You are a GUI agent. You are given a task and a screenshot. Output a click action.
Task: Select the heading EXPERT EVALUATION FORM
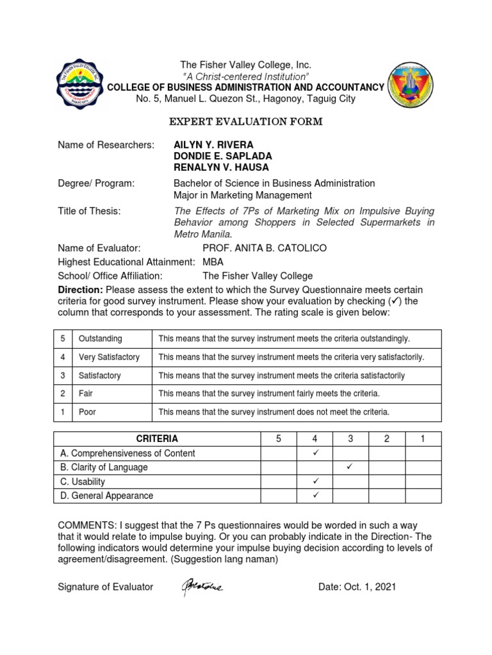click(245, 122)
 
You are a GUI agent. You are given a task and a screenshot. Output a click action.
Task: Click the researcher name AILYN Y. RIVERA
click(213, 145)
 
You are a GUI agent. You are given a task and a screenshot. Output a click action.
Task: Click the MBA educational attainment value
click(213, 262)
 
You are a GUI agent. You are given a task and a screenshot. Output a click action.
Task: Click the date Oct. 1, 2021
click(357, 587)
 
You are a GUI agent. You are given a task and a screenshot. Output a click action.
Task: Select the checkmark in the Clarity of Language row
click(350, 467)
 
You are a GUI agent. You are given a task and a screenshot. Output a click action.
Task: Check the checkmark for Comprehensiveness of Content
click(315, 453)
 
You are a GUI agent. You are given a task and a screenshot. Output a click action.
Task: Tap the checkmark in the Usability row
click(315, 481)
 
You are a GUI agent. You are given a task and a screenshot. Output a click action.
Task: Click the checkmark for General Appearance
click(315, 495)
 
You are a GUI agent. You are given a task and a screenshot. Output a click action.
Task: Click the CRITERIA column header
click(157, 439)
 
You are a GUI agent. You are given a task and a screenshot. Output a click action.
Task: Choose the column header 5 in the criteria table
click(278, 439)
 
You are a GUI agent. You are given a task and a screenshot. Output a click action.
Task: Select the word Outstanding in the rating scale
click(101, 338)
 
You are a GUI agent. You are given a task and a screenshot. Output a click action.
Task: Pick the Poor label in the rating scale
click(87, 412)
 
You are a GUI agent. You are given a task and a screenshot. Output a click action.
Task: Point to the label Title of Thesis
click(89, 211)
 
